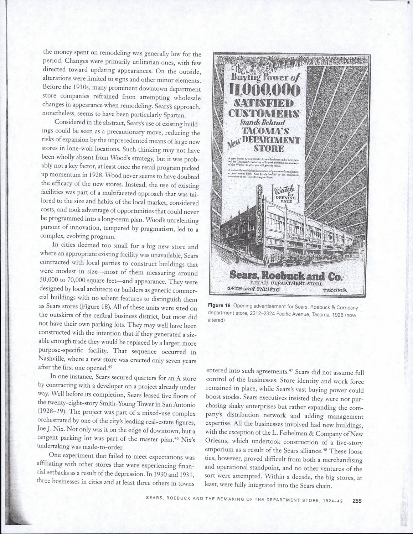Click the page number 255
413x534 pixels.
(357, 501)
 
